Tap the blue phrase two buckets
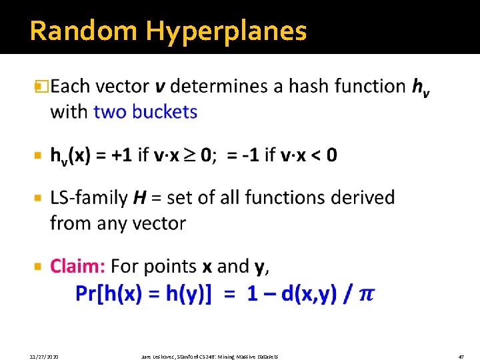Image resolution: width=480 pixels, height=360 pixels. click(145, 111)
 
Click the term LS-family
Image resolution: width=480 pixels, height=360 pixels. click(89, 197)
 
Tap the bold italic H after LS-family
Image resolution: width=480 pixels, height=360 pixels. click(139, 197)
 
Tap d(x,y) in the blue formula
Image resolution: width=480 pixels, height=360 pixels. click(309, 294)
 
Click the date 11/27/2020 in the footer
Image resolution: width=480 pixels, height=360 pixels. click(43, 357)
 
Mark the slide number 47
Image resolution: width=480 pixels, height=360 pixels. click(461, 357)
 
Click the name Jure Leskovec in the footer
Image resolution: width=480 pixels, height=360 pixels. click(158, 357)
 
